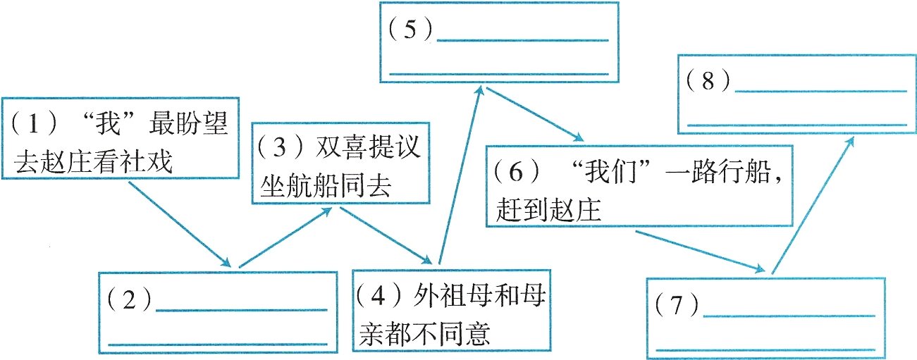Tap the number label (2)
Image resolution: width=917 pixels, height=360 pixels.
[130, 301]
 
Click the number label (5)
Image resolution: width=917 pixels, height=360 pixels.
[411, 32]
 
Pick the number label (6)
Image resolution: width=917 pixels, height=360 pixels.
[517, 172]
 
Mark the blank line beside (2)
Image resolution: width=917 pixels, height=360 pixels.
[241, 309]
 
